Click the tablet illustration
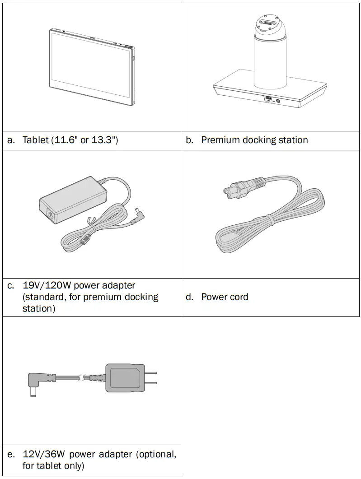[92, 67]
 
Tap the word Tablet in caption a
[35, 140]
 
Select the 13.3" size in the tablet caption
[104, 140]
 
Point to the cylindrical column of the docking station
[270, 63]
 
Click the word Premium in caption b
[220, 140]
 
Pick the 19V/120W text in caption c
[47, 285]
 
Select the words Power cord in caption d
[225, 297]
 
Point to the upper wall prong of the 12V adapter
[151, 372]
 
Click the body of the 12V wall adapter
[124, 378]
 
